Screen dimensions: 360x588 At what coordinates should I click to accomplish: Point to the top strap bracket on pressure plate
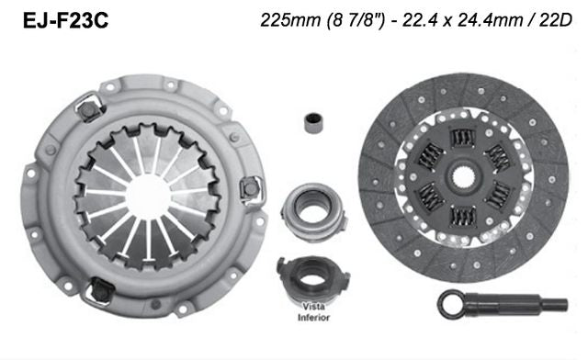(x=88, y=111)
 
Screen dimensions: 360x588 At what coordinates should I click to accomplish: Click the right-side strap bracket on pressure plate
(x=247, y=191)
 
